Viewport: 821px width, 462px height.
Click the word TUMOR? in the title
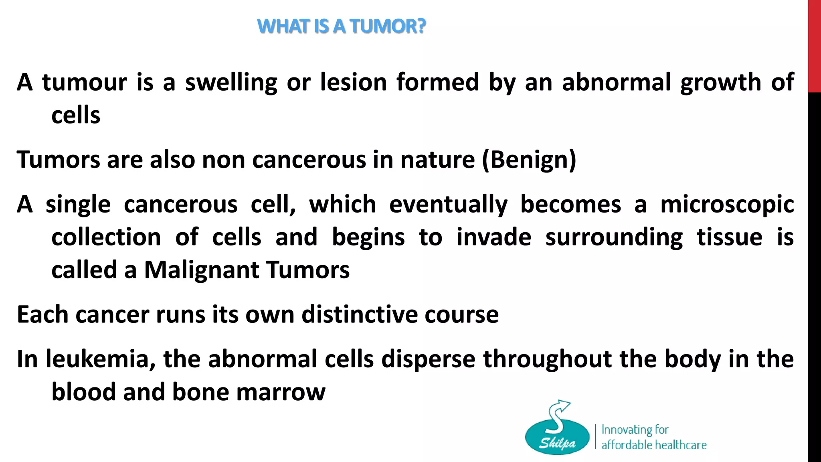(x=388, y=26)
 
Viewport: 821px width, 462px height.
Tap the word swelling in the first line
(x=231, y=82)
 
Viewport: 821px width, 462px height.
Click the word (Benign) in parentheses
(x=529, y=160)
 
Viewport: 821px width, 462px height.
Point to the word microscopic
(x=727, y=205)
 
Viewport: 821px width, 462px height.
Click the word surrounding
(x=614, y=237)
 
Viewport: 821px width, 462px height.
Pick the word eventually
(x=448, y=205)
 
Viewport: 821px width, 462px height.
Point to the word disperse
(x=428, y=359)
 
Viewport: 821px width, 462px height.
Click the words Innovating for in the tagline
(x=635, y=430)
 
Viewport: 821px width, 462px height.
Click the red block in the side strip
(x=814, y=46)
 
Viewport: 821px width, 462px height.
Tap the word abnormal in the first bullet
(x=616, y=82)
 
